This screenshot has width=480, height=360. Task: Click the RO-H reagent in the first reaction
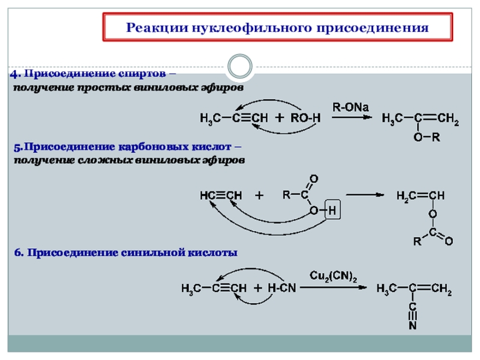[x=306, y=119]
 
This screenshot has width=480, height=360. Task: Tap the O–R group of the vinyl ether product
[x=427, y=137]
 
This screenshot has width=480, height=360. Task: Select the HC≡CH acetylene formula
[x=220, y=196]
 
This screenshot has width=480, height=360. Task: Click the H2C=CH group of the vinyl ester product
[x=420, y=196]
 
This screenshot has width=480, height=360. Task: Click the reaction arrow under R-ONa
[x=351, y=118]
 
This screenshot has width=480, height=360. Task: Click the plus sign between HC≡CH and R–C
[x=259, y=196]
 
